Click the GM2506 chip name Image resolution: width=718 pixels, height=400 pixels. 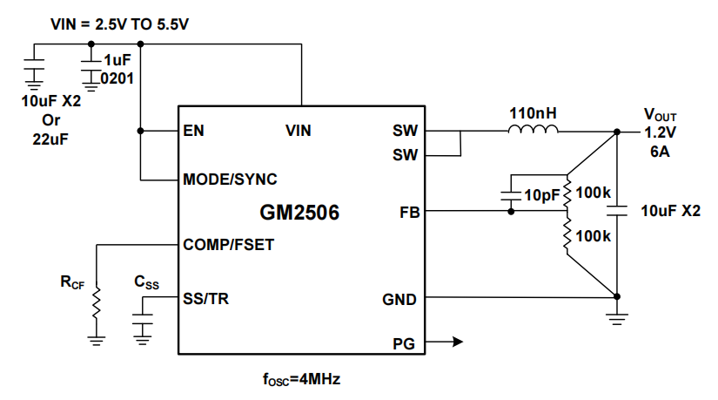point(299,212)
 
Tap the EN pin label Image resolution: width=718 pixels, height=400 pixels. point(193,132)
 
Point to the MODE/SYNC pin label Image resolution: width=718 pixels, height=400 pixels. point(230,180)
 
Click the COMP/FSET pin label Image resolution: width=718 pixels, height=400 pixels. point(229,245)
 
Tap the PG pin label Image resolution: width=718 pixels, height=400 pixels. point(405,342)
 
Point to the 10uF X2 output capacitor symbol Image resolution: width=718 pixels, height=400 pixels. point(617,210)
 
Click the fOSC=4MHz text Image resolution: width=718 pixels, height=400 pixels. point(300,380)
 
